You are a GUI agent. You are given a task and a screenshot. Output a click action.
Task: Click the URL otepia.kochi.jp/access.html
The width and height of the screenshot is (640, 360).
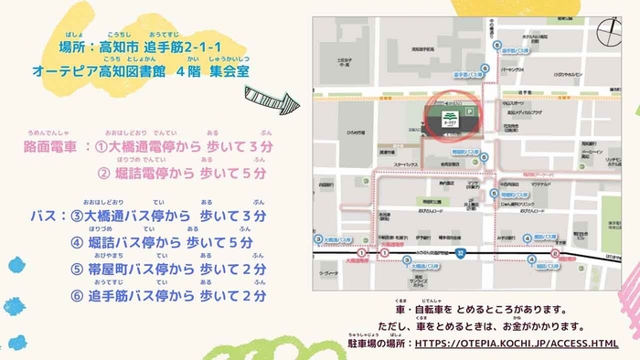click(x=517, y=344)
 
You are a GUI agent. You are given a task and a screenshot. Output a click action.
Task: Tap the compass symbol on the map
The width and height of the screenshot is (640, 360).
click(x=608, y=32)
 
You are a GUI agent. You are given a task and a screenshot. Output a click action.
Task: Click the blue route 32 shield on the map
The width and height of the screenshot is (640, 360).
click(x=462, y=252)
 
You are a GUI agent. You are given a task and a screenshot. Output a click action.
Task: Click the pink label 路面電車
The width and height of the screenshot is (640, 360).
click(x=53, y=146)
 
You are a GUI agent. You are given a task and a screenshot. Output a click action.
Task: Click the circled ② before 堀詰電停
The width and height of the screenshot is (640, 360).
click(x=105, y=174)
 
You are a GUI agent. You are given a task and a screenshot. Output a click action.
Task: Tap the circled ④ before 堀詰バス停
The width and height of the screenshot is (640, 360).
click(x=77, y=243)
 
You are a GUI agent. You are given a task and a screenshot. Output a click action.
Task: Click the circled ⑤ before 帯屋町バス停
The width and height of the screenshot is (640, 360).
click(x=77, y=270)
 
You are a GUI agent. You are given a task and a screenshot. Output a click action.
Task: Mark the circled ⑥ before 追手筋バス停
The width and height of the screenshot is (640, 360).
click(x=77, y=296)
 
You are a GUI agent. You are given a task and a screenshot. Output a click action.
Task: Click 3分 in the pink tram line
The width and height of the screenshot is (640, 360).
click(x=257, y=146)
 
